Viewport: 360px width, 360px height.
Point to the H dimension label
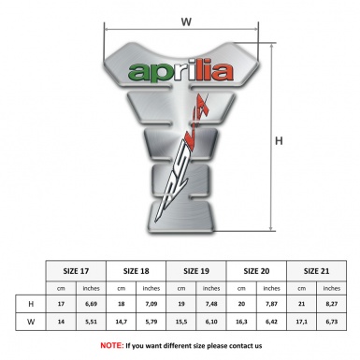pyautogui.click(x=304, y=141)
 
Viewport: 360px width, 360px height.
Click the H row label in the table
pyautogui.click(x=32, y=305)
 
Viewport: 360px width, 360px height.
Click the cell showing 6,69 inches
pyautogui.click(x=92, y=305)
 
